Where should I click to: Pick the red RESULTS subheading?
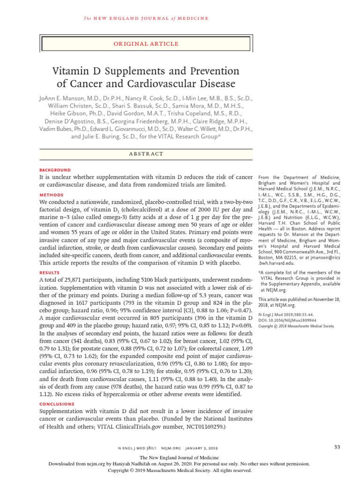[50, 272]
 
